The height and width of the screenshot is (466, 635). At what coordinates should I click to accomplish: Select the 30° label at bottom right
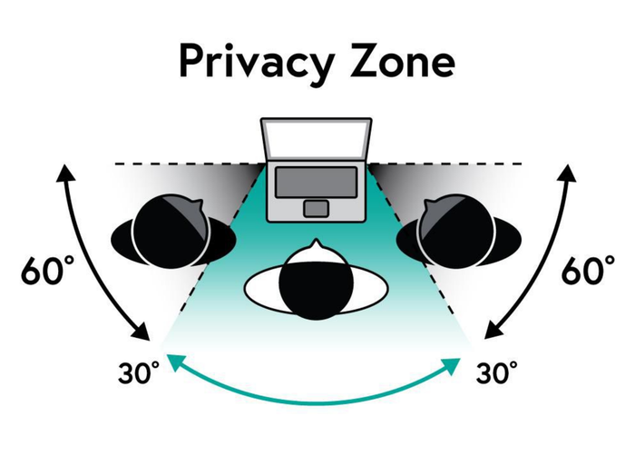(496, 372)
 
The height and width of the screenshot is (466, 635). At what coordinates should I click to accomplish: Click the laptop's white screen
(317, 140)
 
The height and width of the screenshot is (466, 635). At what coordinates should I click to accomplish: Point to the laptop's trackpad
(317, 208)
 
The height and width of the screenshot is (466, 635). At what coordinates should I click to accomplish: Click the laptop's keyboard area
(317, 182)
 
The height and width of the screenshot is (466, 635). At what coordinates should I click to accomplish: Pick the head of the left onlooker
(171, 232)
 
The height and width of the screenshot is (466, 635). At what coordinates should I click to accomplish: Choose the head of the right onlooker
(456, 232)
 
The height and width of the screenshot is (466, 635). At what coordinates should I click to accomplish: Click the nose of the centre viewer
(316, 245)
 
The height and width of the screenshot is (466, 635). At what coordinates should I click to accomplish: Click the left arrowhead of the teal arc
(175, 362)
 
